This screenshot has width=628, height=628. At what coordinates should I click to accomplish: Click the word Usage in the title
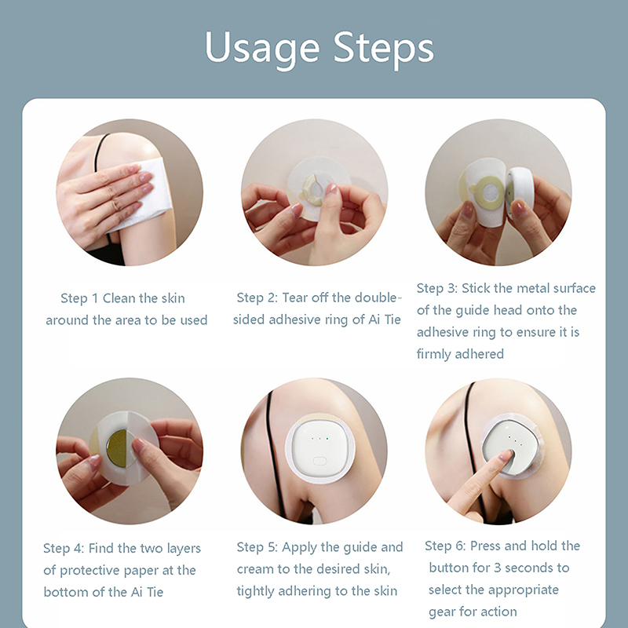coord(262,49)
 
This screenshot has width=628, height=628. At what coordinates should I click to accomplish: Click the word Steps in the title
coord(384,49)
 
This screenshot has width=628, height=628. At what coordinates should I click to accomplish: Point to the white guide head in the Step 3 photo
coord(520,192)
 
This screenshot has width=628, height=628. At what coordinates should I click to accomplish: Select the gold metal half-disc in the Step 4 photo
coord(116,447)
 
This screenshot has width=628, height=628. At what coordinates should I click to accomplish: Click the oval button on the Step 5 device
coord(319,461)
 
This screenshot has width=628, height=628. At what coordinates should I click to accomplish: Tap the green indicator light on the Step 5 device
coord(327,439)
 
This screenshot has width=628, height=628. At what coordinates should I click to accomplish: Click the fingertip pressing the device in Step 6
coord(506,455)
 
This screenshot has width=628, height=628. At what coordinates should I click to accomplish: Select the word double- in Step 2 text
coord(378,298)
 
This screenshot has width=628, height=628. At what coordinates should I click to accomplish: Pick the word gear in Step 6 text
coord(442,612)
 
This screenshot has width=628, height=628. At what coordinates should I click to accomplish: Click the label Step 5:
coord(257,547)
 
